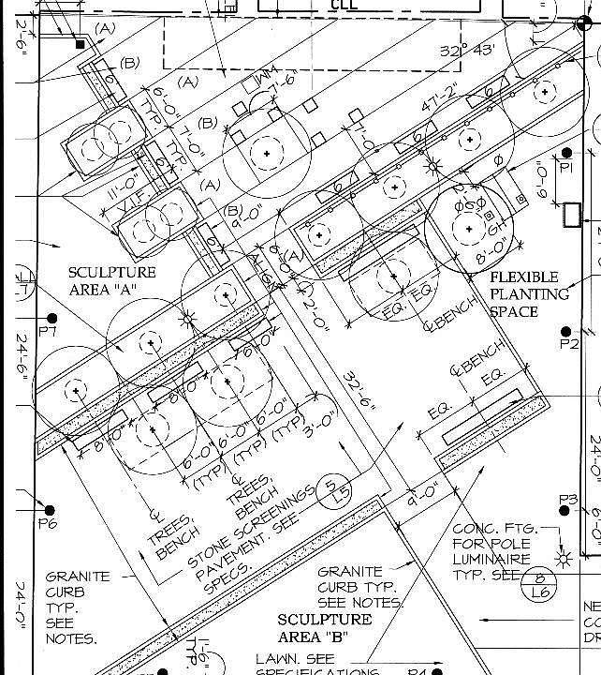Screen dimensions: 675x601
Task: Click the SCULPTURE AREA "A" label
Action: tap(111, 280)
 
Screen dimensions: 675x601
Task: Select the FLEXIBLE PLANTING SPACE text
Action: tap(530, 293)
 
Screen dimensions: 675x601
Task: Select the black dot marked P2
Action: tap(565, 331)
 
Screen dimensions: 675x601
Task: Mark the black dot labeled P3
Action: tap(565, 486)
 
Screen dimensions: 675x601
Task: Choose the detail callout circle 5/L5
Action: tap(330, 490)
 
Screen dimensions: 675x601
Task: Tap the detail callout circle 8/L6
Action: tap(539, 583)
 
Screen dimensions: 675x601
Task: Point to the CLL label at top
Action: tap(344, 5)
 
